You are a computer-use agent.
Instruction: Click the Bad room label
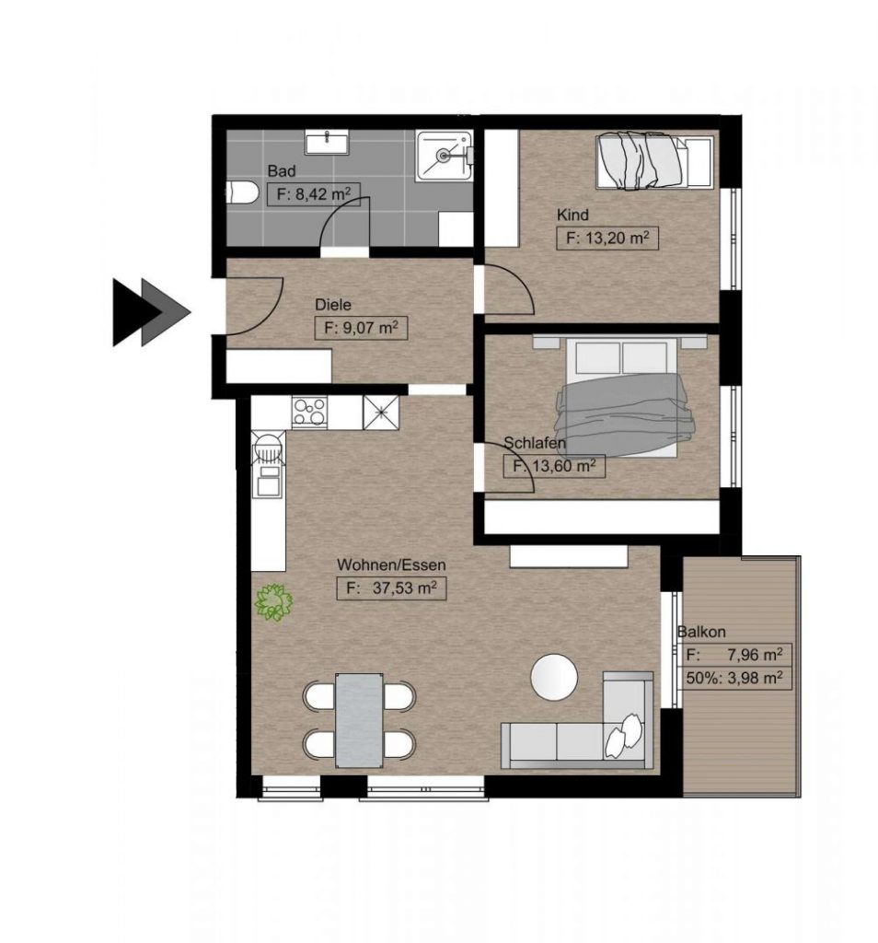click(281, 171)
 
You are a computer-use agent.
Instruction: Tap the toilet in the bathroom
click(241, 193)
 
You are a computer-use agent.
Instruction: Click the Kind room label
click(572, 215)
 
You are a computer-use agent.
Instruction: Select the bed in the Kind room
click(653, 161)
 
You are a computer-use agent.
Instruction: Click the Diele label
click(332, 304)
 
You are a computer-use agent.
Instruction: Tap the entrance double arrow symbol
click(150, 311)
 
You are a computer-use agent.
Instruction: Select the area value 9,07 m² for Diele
click(361, 327)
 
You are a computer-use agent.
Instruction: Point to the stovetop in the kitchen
click(308, 411)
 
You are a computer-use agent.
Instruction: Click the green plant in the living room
click(273, 602)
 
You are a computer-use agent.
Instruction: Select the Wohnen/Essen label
click(379, 565)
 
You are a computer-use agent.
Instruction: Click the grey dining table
click(359, 720)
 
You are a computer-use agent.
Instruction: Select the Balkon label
click(701, 632)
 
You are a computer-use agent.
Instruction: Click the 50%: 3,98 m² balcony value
click(734, 679)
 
